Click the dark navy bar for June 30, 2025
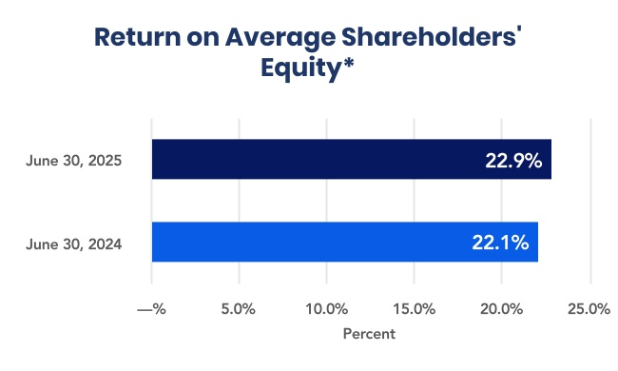352,159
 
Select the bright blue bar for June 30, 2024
345,242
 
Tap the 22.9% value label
513,161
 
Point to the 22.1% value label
500,243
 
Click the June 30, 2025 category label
74,161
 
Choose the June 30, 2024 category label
74,244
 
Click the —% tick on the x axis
151,309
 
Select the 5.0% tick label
238,309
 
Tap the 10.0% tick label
327,309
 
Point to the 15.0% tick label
415,309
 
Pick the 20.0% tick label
501,309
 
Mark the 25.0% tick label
589,309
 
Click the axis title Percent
369,334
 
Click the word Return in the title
137,37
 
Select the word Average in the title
280,39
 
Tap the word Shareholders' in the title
432,37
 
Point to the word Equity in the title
300,68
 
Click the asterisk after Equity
348,62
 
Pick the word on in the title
203,39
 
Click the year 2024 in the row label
105,244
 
